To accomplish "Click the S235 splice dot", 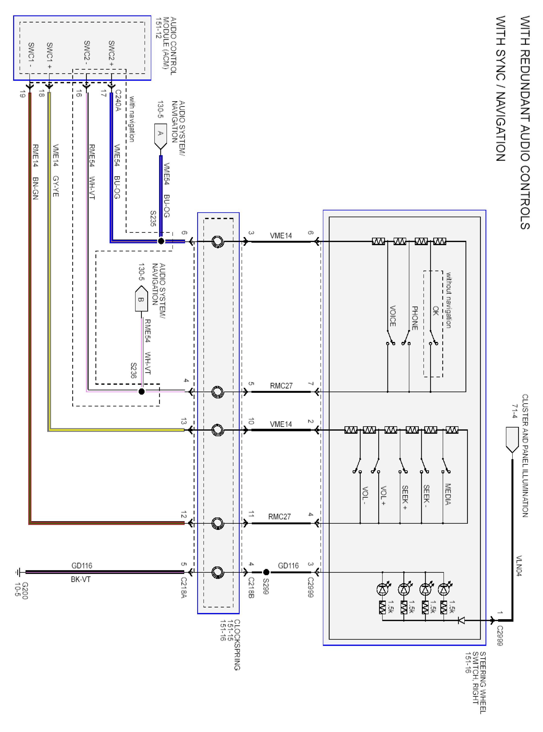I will click(x=161, y=241).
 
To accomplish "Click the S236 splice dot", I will click(x=142, y=391).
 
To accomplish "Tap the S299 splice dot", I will click(x=266, y=572).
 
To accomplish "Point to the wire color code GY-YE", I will click(x=56, y=186).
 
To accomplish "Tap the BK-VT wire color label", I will click(x=81, y=579).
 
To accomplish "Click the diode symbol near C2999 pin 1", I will click(x=461, y=620).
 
